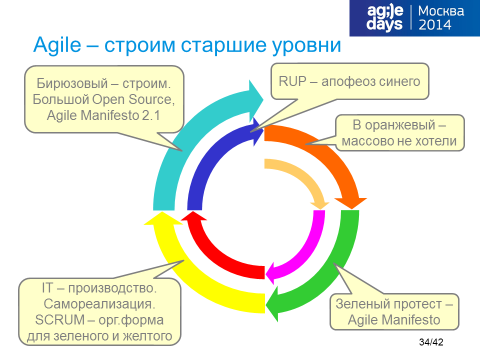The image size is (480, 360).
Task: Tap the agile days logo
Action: point(384,18)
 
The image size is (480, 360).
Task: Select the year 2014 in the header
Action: point(434,25)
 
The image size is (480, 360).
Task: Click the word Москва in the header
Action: point(441,11)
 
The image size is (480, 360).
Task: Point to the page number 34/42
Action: point(431,342)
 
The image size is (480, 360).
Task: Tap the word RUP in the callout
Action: point(292,81)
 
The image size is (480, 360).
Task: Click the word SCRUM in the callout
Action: point(60,320)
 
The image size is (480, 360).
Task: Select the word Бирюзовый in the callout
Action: point(72,83)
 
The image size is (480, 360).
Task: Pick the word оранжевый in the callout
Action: point(400,125)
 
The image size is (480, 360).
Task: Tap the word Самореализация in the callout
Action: point(99,304)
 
